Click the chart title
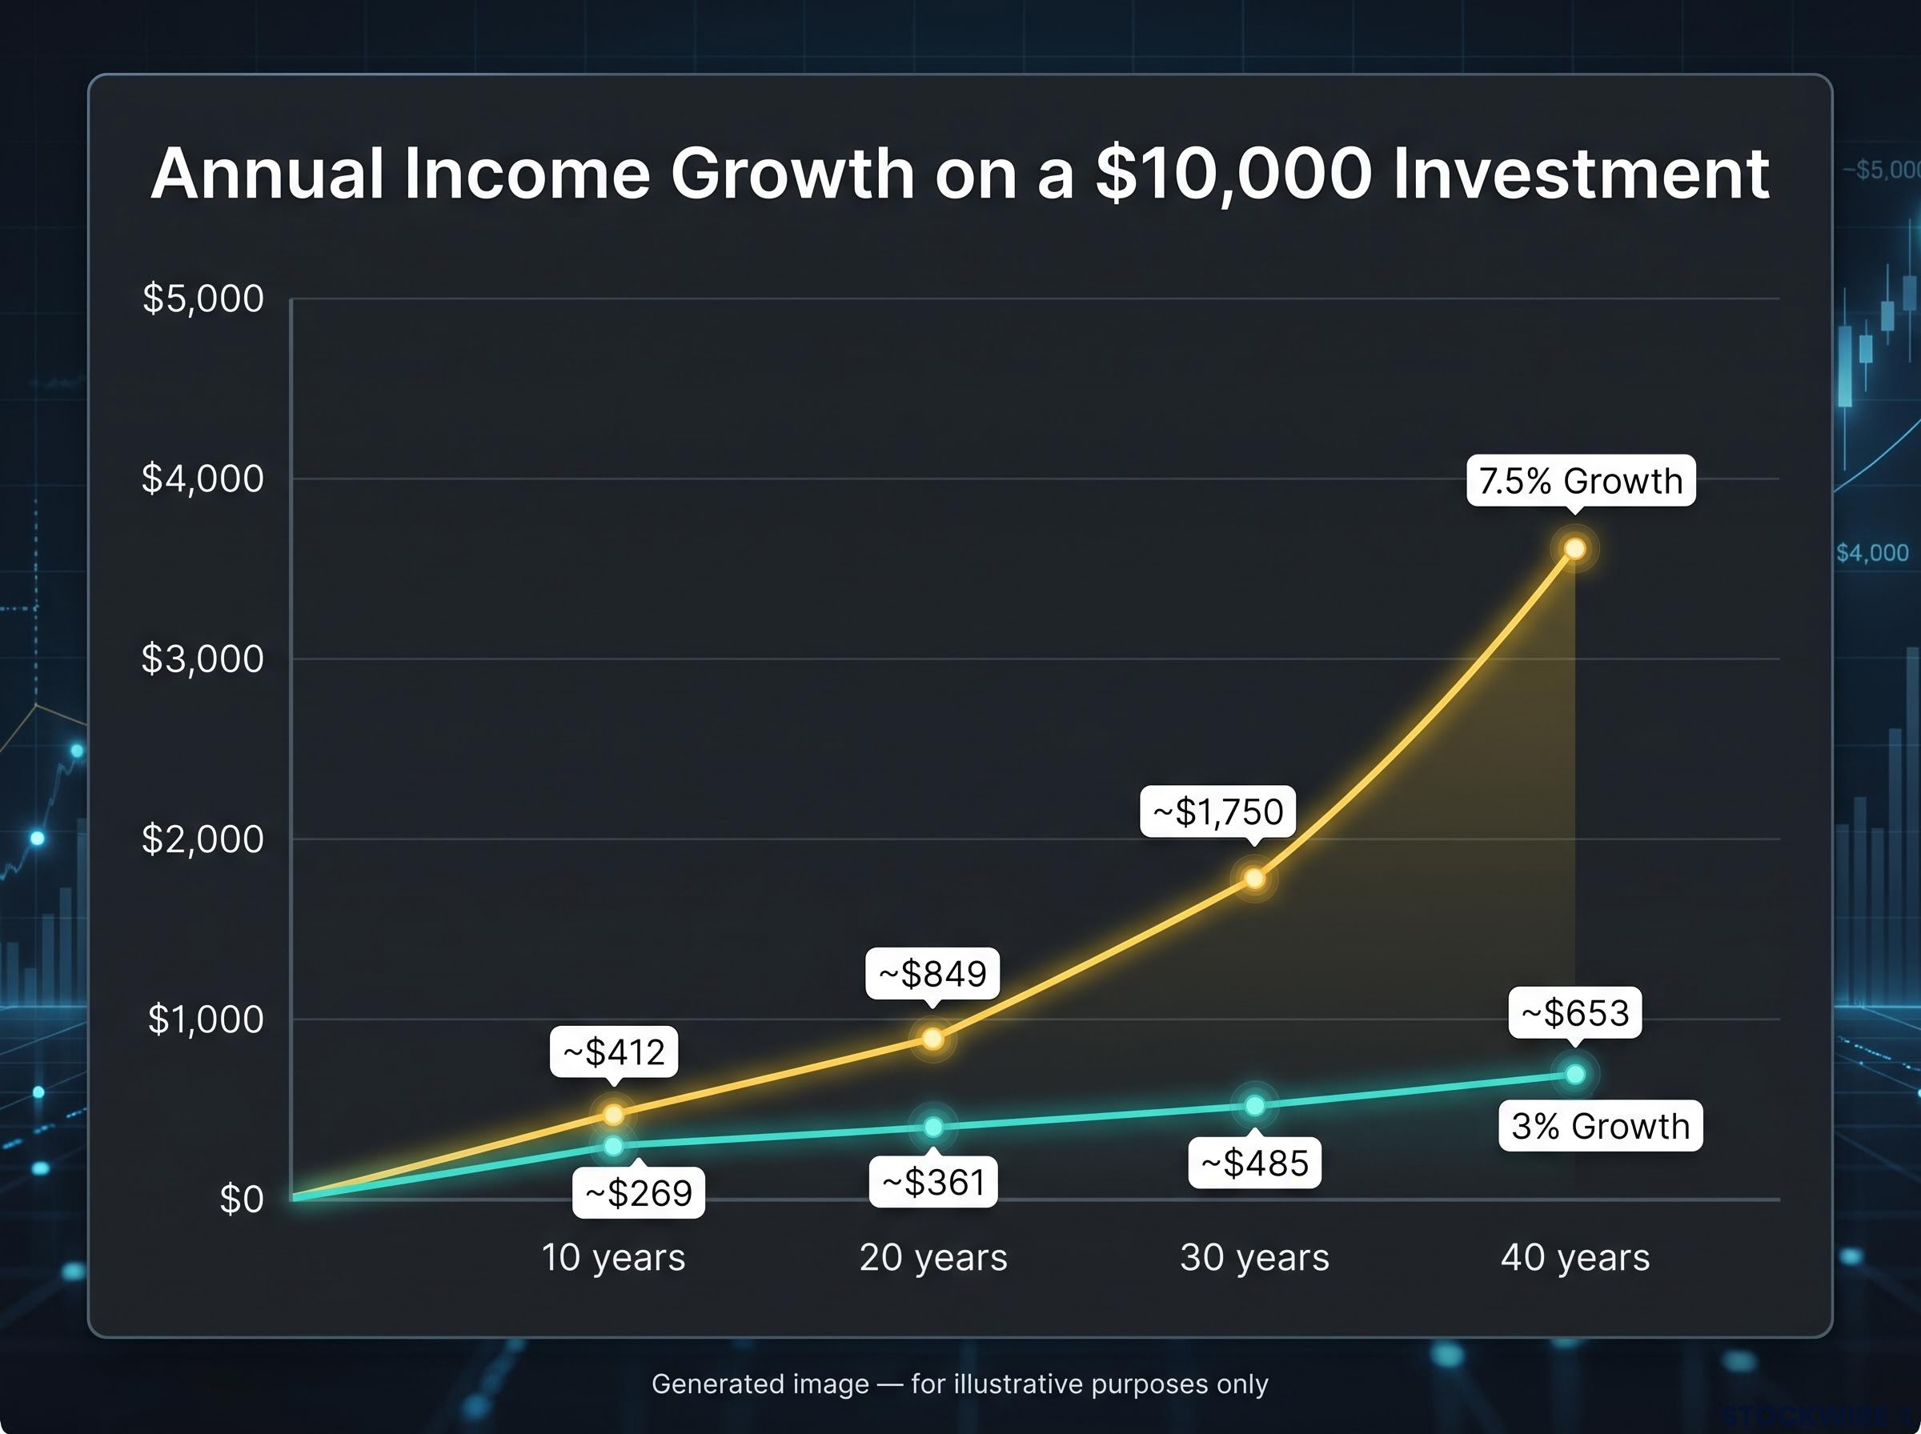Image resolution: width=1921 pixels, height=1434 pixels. point(959,174)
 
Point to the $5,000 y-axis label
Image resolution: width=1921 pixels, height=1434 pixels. point(203,298)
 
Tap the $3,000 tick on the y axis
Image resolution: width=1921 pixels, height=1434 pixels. point(203,659)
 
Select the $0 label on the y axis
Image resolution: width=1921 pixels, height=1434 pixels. point(241,1200)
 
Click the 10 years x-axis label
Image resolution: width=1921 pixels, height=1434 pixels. point(614,1258)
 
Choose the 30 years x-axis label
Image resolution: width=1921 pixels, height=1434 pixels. point(1254,1258)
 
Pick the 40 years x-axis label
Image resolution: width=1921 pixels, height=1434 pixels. point(1575,1258)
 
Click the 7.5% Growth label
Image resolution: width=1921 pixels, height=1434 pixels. point(1581,481)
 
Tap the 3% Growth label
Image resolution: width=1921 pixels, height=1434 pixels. point(1601,1126)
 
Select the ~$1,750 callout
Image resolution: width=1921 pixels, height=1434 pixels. point(1218,811)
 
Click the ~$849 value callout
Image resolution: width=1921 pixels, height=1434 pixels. point(933,973)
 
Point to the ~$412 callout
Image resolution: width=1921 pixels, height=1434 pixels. point(614,1052)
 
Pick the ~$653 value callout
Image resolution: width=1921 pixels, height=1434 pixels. point(1575,1012)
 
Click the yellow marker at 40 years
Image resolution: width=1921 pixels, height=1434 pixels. point(1574,549)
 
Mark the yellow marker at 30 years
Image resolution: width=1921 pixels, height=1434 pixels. point(1254,879)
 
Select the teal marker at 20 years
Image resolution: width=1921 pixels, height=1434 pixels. point(933,1127)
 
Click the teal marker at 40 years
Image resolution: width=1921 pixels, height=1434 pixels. point(1575,1075)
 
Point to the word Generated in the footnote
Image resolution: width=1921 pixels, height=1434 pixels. point(760,1384)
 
